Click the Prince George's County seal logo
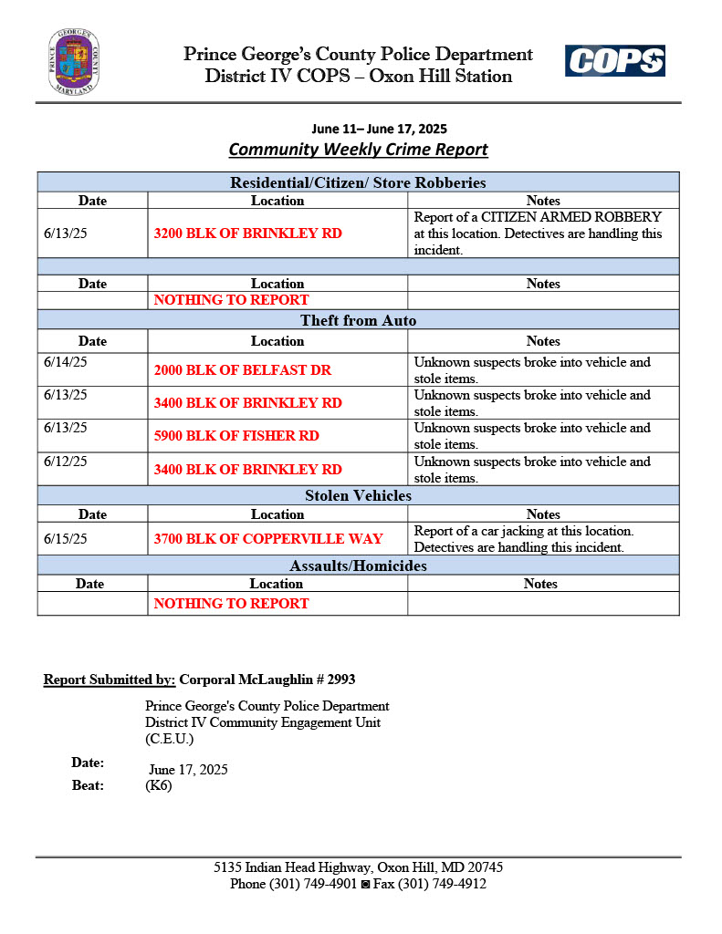pos(74,62)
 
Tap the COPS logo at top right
pos(614,61)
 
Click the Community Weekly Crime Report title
pos(358,150)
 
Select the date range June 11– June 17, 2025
pos(379,129)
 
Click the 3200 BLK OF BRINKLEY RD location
pos(247,233)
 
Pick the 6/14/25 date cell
pos(66,362)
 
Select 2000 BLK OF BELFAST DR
pos(242,370)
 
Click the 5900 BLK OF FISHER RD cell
pos(236,436)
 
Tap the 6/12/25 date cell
pos(66,462)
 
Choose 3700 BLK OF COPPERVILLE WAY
pos(268,539)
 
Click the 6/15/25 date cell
pos(66,539)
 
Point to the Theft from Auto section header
pos(358,320)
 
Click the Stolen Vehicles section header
pos(358,496)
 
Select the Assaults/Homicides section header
pos(358,566)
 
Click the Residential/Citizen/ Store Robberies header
pos(358,182)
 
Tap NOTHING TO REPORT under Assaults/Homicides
pos(231,603)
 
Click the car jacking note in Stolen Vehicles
pos(523,539)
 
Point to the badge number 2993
pos(340,680)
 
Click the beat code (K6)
pos(158,785)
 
